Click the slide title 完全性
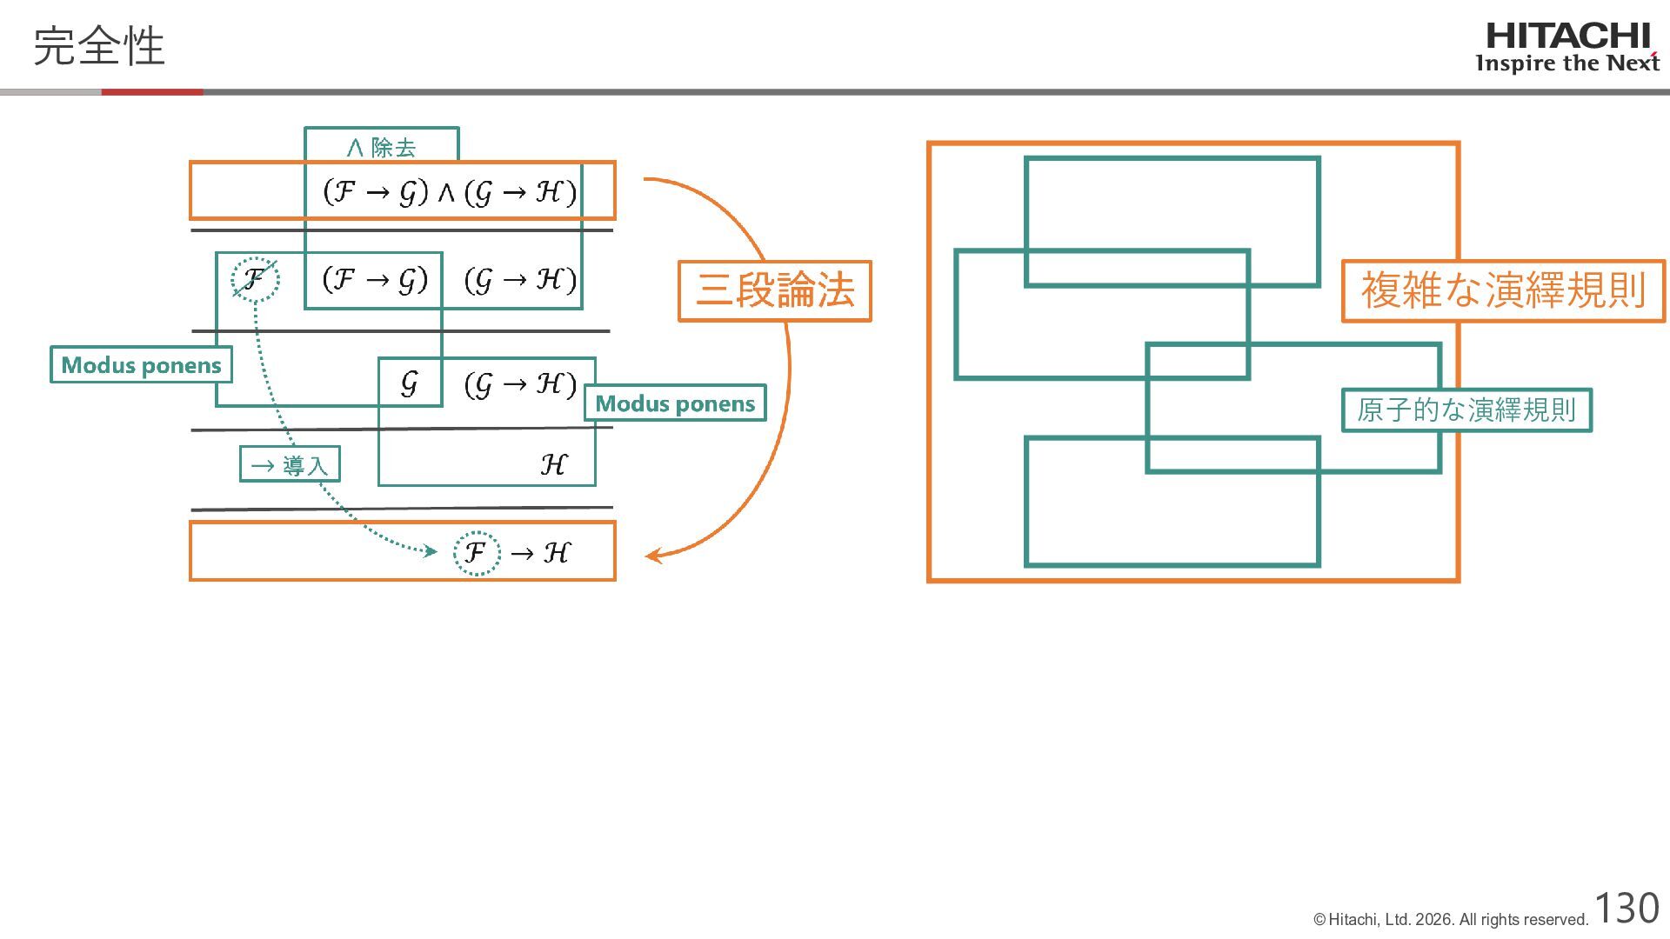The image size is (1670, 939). coord(98,46)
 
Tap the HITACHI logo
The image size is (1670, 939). coord(1567,37)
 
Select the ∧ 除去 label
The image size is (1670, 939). coord(381,147)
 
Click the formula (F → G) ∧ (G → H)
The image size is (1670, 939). coord(449,192)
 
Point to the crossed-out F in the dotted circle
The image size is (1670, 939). coord(255,279)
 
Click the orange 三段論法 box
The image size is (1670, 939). coord(774,290)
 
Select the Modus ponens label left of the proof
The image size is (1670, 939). coord(141,365)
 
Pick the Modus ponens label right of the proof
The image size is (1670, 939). coord(675,403)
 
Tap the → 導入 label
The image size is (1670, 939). coord(290,465)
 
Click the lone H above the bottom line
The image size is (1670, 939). coord(553,465)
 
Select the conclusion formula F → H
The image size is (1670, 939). coord(513,552)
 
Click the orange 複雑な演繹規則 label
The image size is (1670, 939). coord(1503,290)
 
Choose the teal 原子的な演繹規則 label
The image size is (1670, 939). coord(1466,410)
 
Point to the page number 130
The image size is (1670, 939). coord(1627,909)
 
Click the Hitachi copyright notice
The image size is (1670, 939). coord(1451,920)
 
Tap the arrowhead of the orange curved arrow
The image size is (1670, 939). coord(652,555)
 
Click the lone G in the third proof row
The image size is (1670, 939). coord(409,383)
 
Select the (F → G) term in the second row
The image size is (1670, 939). coord(375,280)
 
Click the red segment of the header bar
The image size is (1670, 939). coord(152,92)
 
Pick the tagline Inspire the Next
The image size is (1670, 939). coord(1567,63)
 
